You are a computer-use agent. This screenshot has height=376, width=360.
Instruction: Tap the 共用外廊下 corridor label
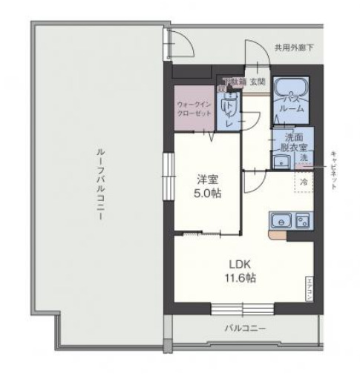[x=293, y=48]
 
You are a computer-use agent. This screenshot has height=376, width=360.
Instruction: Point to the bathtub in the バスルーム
[x=291, y=93]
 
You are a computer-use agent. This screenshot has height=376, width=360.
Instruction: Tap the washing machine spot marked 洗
[x=304, y=159]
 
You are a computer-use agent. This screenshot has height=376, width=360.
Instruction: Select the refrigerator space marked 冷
[x=304, y=180]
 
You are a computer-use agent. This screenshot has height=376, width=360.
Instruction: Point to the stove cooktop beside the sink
[x=303, y=220]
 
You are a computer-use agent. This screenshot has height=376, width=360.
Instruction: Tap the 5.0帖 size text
[x=207, y=193]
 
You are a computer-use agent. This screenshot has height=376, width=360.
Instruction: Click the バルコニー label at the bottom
[x=245, y=329]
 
